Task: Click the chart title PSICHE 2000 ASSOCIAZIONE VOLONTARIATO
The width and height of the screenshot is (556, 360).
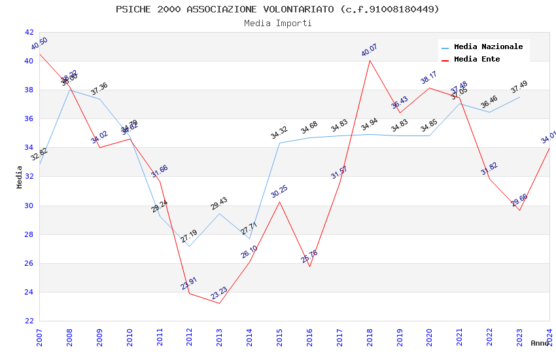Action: pyautogui.click(x=277, y=9)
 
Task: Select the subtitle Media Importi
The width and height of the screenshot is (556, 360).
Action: pyautogui.click(x=277, y=23)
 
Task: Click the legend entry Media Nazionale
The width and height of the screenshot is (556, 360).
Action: pyautogui.click(x=488, y=47)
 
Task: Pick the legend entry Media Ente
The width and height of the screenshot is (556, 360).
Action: pyautogui.click(x=477, y=60)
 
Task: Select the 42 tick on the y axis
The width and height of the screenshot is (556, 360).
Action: pyautogui.click(x=29, y=32)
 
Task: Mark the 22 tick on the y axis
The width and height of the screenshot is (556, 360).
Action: pyautogui.click(x=29, y=321)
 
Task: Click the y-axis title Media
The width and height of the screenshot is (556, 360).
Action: pyautogui.click(x=20, y=177)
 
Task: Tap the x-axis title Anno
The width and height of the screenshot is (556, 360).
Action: pyautogui.click(x=540, y=343)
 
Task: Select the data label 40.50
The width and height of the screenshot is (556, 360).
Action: pyautogui.click(x=39, y=44)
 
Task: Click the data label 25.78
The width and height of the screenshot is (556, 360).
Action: pyautogui.click(x=309, y=257)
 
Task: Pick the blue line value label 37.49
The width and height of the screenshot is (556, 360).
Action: pyautogui.click(x=519, y=87)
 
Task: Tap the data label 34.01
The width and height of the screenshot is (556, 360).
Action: pyautogui.click(x=548, y=137)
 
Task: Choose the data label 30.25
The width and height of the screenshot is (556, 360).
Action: pyautogui.click(x=279, y=191)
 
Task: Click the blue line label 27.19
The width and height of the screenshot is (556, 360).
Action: pyautogui.click(x=189, y=236)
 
